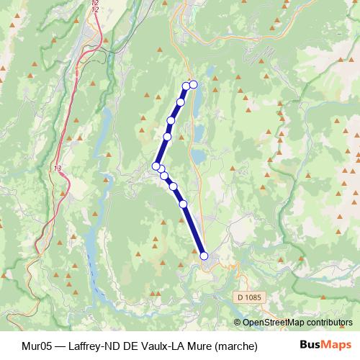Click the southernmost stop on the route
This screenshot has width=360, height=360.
point(204,256)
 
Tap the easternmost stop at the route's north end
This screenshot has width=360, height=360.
point(193,84)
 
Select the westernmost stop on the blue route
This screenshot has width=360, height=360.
point(156,166)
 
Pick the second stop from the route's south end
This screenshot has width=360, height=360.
point(184,204)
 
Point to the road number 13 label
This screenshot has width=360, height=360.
point(58,168)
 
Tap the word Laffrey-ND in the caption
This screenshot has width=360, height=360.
point(90,346)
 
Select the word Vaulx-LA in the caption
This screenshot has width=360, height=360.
point(162,346)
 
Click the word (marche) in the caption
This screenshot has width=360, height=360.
point(235,346)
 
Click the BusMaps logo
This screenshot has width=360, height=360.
point(325,346)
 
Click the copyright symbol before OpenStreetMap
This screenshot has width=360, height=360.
point(238,323)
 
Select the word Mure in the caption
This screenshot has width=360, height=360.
point(201,346)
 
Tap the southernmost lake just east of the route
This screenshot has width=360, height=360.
point(197,156)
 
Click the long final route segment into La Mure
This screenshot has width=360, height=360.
point(194,230)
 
